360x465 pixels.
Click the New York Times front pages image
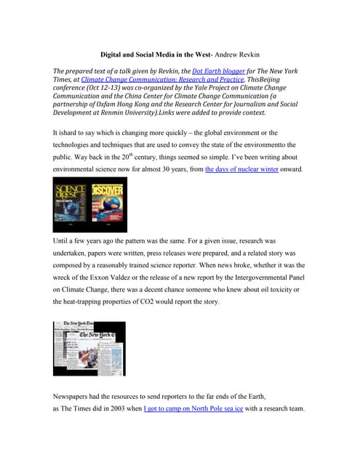tap(89, 348)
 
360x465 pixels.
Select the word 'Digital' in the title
tap(115, 53)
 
